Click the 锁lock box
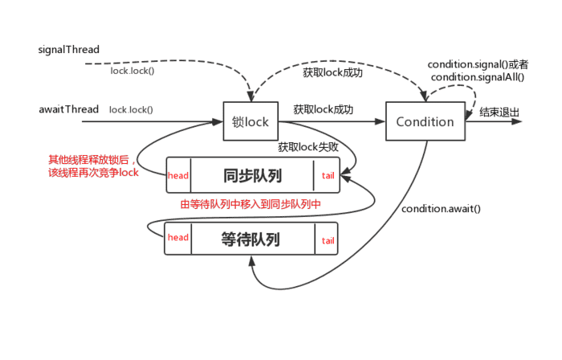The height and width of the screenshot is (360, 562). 250,122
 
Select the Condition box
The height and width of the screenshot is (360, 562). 425,122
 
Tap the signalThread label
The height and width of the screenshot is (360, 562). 68,50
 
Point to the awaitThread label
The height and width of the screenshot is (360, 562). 68,108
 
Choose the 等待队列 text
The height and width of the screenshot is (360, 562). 251,239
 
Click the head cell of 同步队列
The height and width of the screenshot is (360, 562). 178,175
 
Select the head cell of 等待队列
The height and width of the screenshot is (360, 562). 178,238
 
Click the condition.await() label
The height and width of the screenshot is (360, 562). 441,209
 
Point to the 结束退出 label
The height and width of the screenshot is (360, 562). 498,112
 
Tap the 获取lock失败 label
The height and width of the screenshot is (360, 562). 308,147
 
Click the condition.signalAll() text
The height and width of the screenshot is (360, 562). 477,77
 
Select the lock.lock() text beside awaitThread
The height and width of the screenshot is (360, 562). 131,109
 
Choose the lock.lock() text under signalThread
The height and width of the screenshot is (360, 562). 132,71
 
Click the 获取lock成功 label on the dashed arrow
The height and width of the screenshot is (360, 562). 332,73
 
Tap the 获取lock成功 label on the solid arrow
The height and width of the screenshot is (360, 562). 324,109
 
